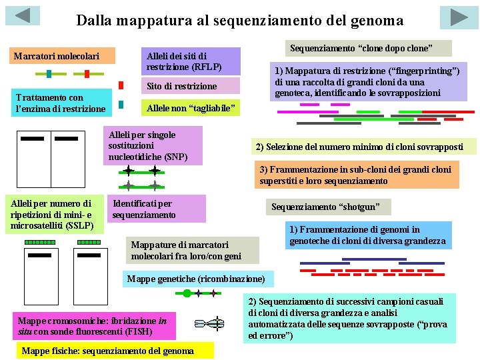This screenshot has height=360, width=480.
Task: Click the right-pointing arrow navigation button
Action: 459,17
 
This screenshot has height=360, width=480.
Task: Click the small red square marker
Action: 121,85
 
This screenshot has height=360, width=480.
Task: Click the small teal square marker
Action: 121,104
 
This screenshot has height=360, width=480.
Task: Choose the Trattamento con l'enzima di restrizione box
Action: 61,103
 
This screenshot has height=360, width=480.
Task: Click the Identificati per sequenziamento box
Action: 157,209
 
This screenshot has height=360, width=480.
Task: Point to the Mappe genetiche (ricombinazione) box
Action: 196,278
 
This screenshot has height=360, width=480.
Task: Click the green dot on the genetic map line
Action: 187,293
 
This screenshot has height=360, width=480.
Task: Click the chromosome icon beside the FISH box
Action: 209,325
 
